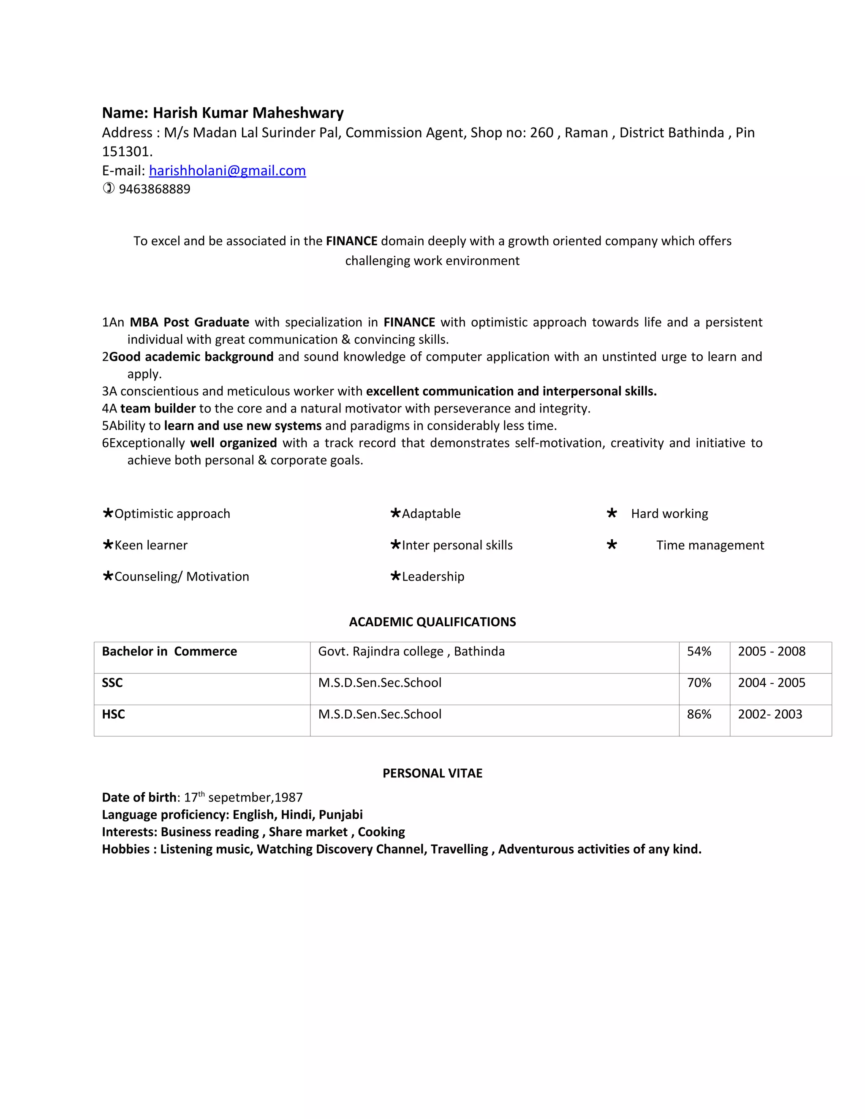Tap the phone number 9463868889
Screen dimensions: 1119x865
click(x=154, y=189)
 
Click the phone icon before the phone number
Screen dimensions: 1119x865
click(x=108, y=189)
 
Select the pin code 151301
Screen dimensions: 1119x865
click(x=127, y=152)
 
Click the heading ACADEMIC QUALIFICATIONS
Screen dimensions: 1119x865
click(x=432, y=622)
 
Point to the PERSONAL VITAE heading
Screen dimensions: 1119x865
click(x=432, y=773)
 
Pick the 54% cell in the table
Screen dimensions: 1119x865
click(x=699, y=651)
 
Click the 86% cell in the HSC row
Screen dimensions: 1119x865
click(x=699, y=714)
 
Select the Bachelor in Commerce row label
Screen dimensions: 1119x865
click(x=169, y=651)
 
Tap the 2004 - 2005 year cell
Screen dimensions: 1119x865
click(x=771, y=682)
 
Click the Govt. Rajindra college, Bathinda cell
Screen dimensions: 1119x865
click(x=411, y=651)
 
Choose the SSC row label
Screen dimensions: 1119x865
click(x=112, y=682)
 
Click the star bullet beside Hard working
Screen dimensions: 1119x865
click(x=611, y=513)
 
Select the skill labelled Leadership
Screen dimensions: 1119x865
click(x=432, y=576)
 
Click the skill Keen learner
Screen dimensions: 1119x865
click(x=151, y=545)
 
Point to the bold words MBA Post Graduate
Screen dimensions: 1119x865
click(x=189, y=322)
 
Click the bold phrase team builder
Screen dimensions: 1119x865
click(x=158, y=408)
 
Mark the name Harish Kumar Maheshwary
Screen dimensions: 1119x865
click(x=248, y=113)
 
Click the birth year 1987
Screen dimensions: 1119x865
click(x=288, y=797)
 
